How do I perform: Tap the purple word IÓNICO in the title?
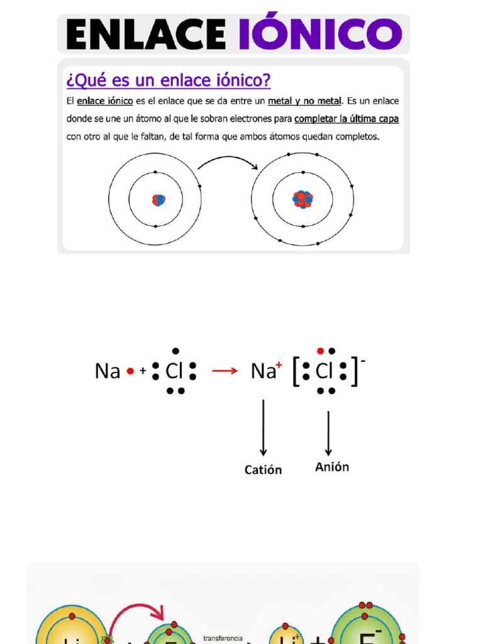point(320,34)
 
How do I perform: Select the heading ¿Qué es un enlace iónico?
point(168,81)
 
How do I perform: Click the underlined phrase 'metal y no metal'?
point(305,101)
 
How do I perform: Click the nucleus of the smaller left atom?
point(158,200)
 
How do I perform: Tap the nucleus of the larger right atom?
point(303,199)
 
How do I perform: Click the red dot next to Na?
point(130,372)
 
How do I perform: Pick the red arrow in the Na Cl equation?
point(225,371)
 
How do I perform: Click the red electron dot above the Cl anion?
point(321,351)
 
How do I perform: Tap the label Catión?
point(263,470)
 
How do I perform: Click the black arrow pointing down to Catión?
point(264,428)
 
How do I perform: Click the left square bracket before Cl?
point(297,371)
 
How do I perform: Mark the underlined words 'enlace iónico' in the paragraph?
point(104,101)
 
